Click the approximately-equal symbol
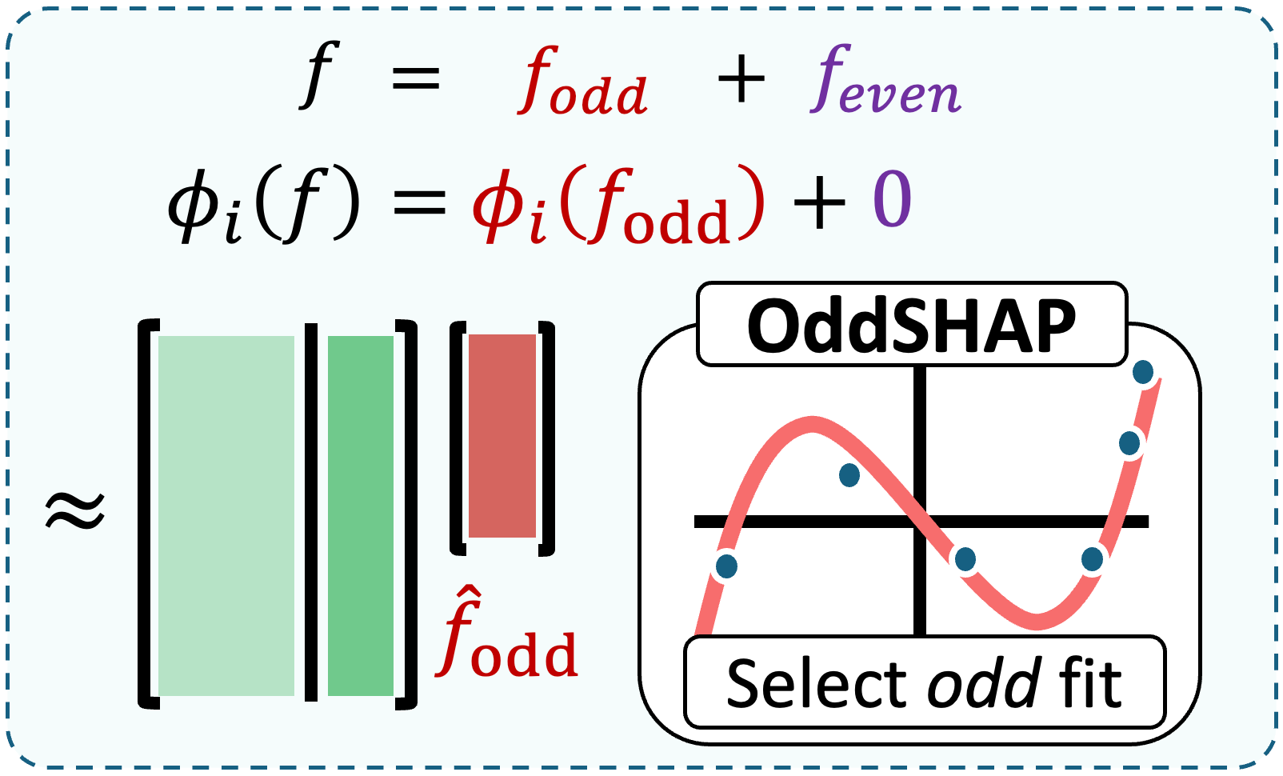point(75,510)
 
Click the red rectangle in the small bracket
point(502,436)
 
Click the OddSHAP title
point(911,326)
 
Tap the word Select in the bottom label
point(817,684)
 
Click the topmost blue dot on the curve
point(1143,372)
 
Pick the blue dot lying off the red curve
point(849,475)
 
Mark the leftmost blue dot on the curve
point(726,566)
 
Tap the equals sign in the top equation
point(415,78)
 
